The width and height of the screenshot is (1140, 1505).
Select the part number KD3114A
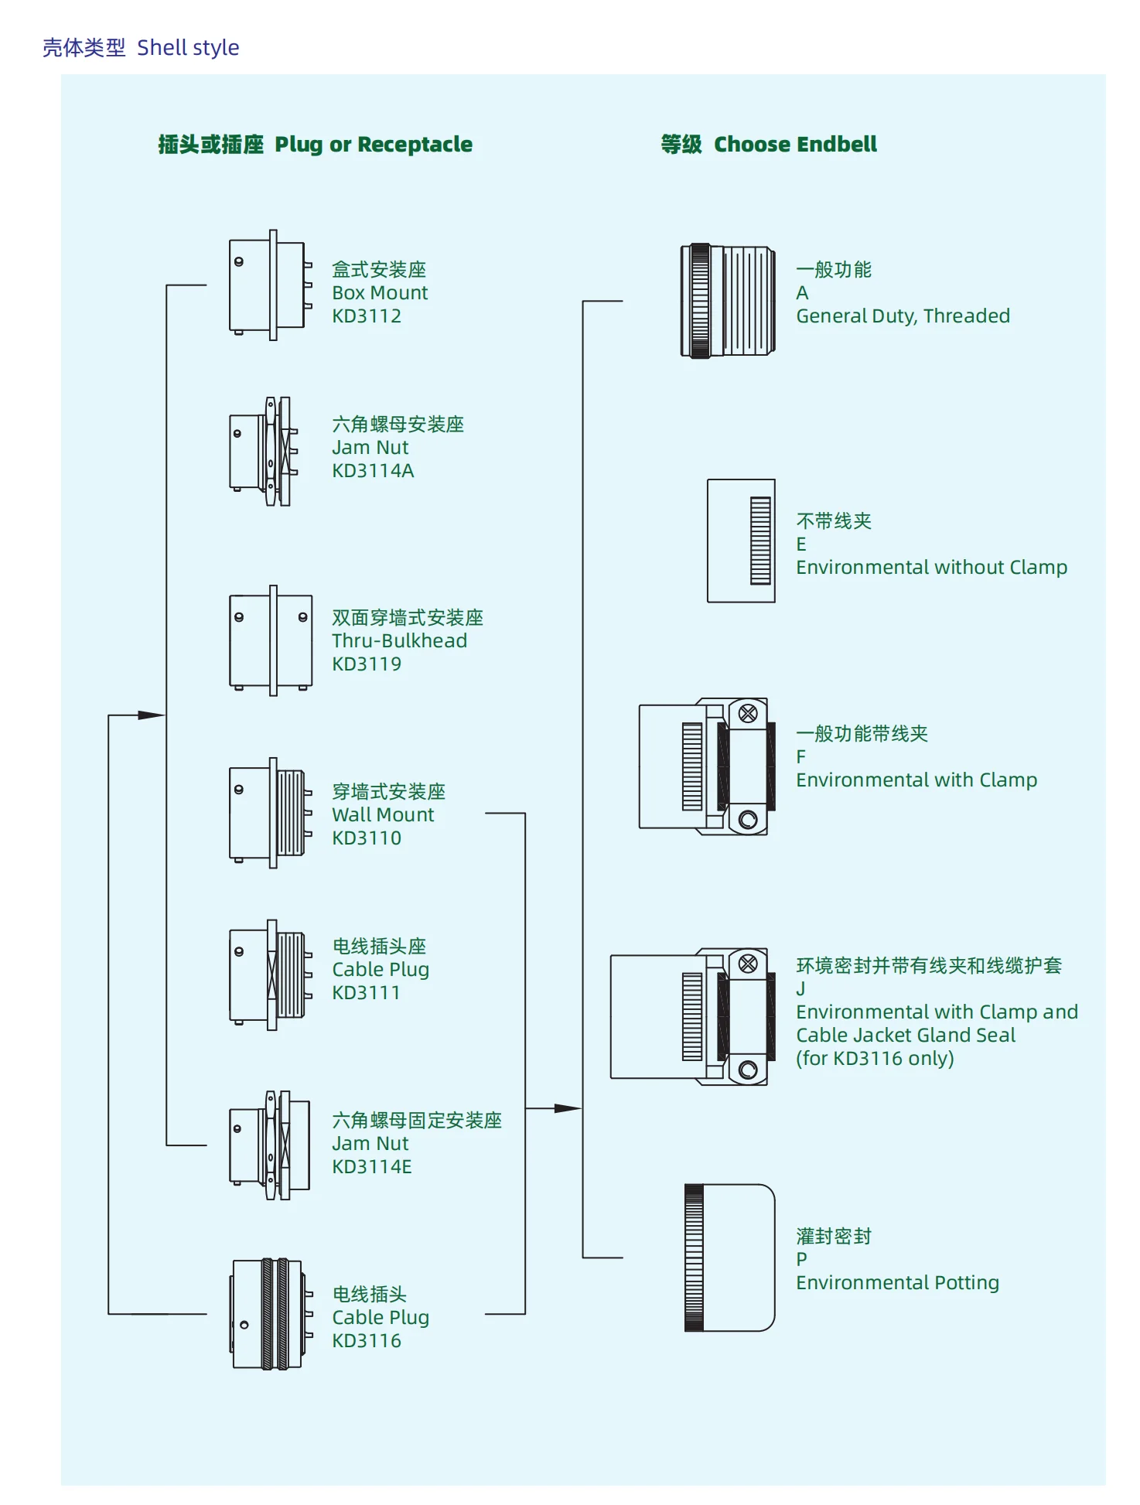pyautogui.click(x=373, y=470)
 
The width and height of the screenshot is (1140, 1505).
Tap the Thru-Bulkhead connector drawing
pyautogui.click(x=271, y=640)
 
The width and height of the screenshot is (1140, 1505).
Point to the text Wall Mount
pyautogui.click(x=383, y=814)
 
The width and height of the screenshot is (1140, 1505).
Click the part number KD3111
pyautogui.click(x=366, y=992)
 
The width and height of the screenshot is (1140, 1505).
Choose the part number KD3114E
pyautogui.click(x=371, y=1166)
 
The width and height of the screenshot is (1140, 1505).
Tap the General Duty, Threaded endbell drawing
pyautogui.click(x=727, y=301)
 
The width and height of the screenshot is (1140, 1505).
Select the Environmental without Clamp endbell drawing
pyautogui.click(x=741, y=541)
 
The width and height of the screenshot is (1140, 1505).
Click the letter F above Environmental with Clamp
pyautogui.click(x=801, y=756)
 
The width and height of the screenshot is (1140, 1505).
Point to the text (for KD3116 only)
pyautogui.click(x=875, y=1058)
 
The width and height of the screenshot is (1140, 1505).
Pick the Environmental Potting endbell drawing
pyautogui.click(x=729, y=1258)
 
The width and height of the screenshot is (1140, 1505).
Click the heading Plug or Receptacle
pyautogui.click(x=373, y=145)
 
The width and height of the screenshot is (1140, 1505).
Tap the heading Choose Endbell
pyautogui.click(x=794, y=145)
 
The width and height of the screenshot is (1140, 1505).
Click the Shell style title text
pyautogui.click(x=188, y=48)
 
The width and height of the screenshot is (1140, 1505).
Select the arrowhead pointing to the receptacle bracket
pyautogui.click(x=152, y=715)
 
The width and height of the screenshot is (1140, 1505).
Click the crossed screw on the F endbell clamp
pyautogui.click(x=748, y=713)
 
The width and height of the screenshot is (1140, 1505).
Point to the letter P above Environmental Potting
pyautogui.click(x=802, y=1259)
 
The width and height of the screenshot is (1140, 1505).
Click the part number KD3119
pyautogui.click(x=366, y=664)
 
